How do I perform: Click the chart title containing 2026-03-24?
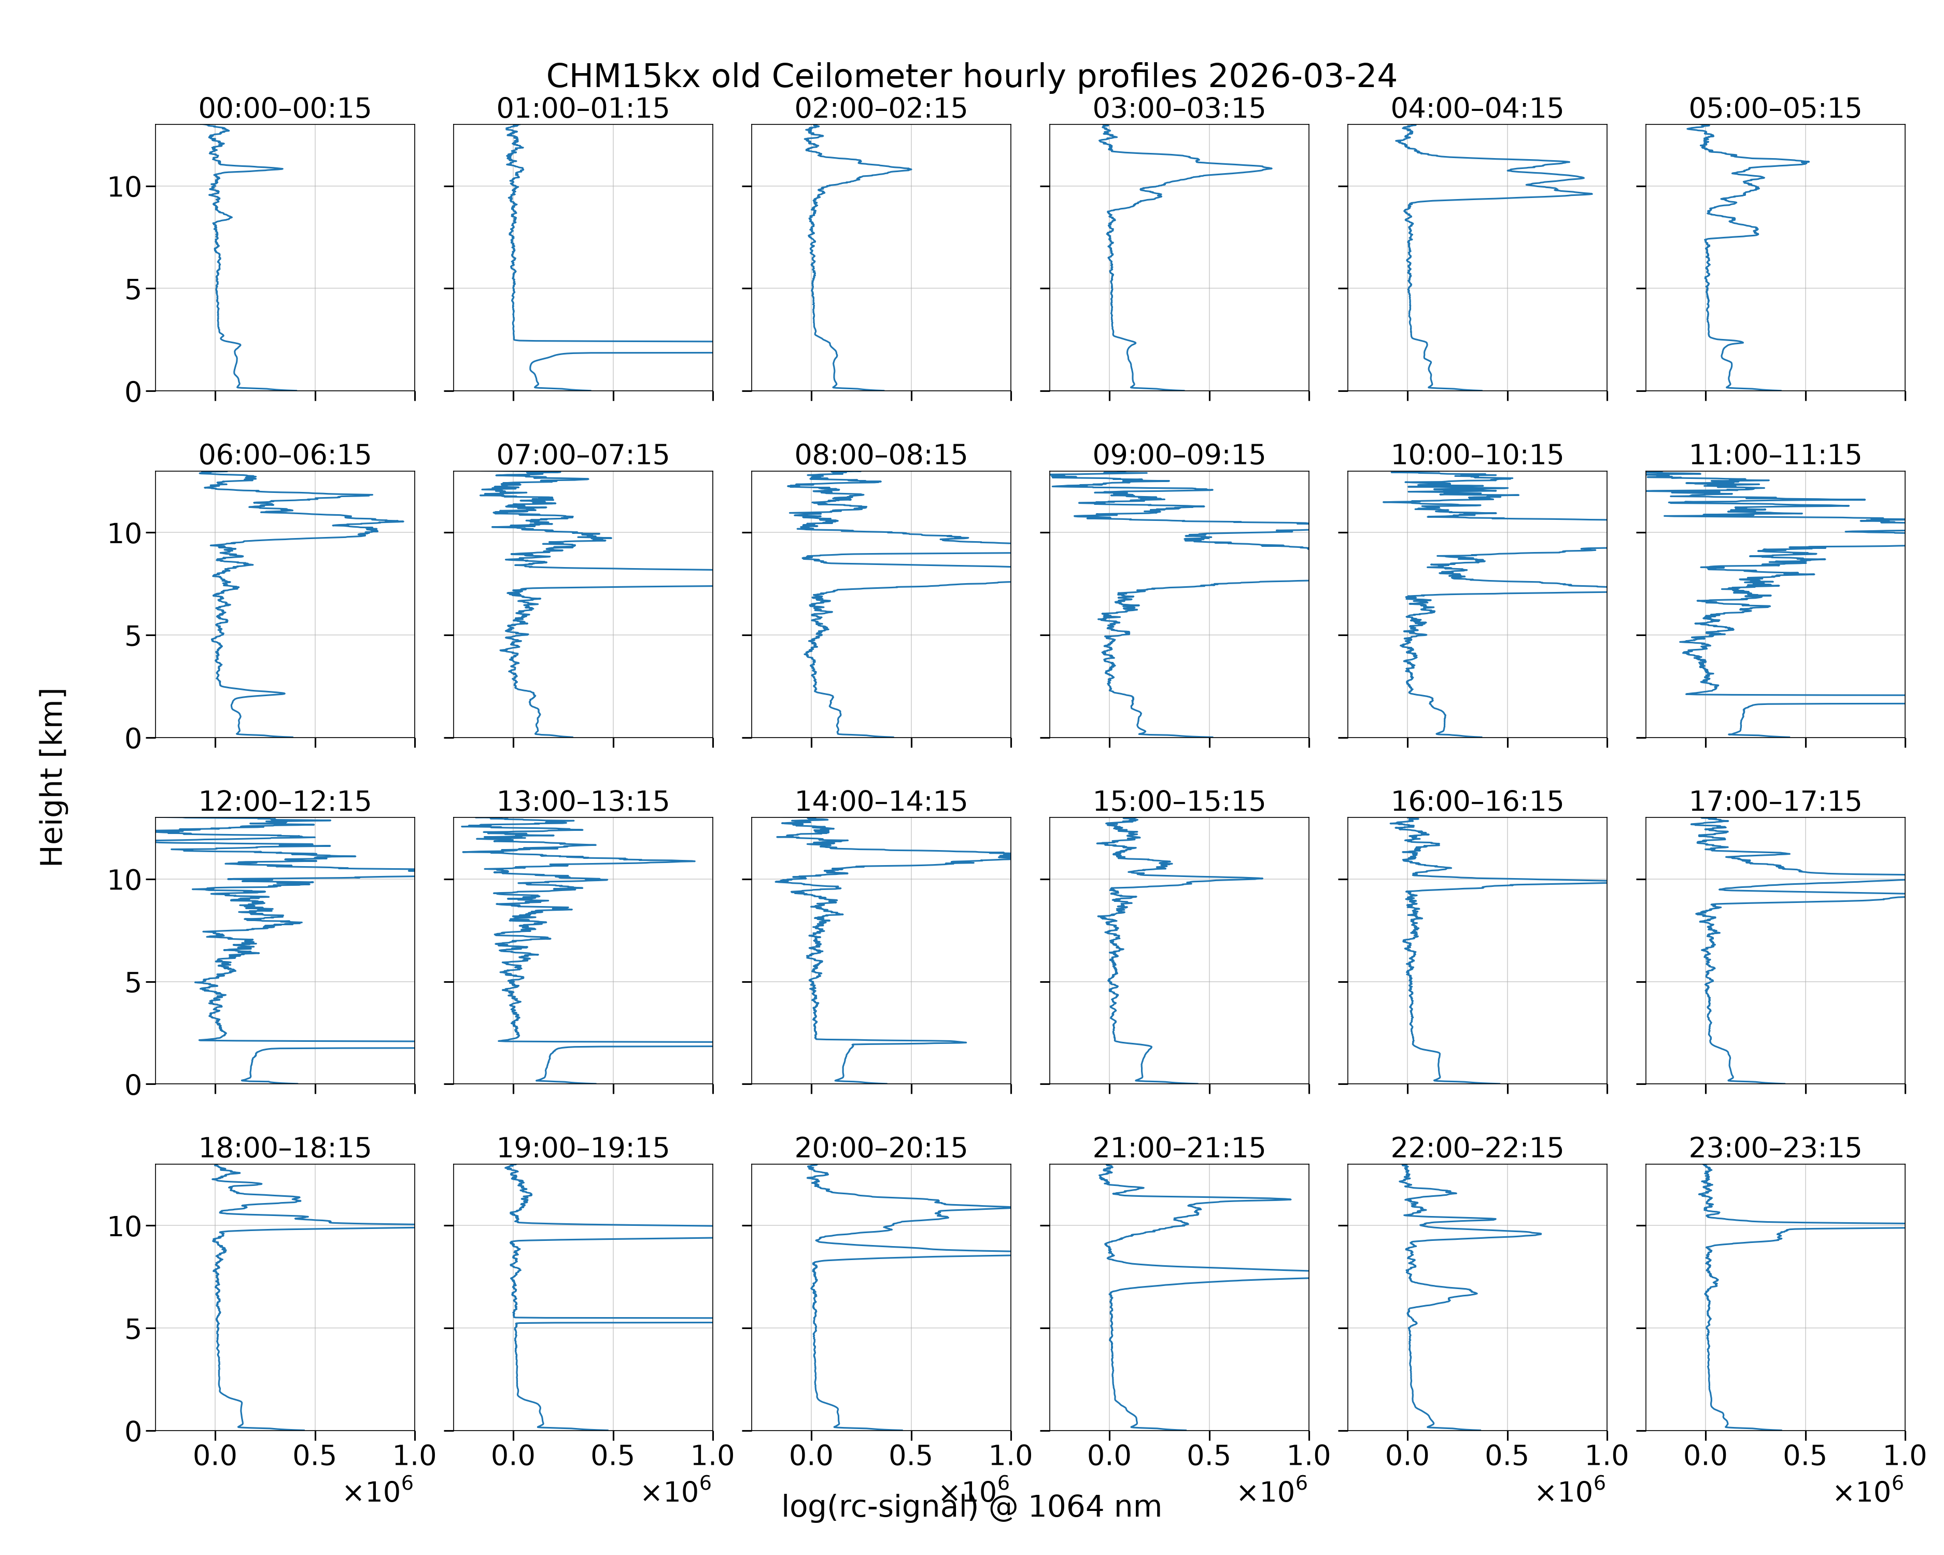[x=971, y=76]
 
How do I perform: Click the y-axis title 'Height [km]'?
[x=52, y=777]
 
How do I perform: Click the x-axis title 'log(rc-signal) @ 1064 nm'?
[x=971, y=1506]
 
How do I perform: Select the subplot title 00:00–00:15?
[x=285, y=108]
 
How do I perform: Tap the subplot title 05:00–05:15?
[x=1774, y=108]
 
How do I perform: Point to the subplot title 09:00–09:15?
[x=1178, y=455]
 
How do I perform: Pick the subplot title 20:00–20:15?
[x=881, y=1148]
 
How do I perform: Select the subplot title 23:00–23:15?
[x=1774, y=1148]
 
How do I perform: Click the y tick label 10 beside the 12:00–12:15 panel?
[x=124, y=880]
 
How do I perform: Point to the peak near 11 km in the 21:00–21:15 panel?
[x=1289, y=1199]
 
